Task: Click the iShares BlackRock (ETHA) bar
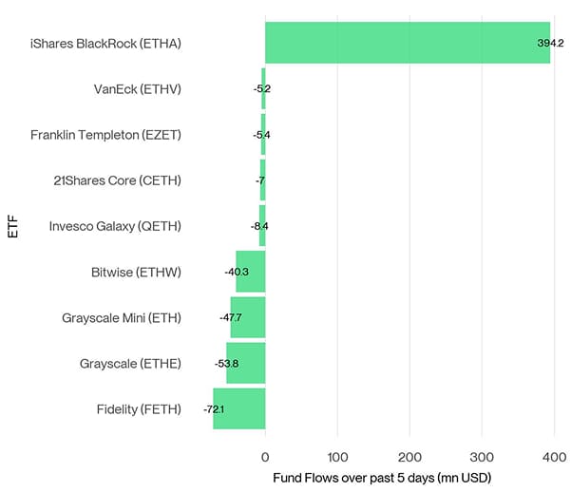407,43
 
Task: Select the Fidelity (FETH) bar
239,409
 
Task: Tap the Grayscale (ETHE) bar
246,363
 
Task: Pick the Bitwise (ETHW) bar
251,272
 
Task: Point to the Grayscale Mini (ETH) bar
248,317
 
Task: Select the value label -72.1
215,409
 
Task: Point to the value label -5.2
261,88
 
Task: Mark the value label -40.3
236,272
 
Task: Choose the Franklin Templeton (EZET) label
105,135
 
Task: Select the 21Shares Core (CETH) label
117,180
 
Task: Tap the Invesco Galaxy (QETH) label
115,226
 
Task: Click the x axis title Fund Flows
381,476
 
